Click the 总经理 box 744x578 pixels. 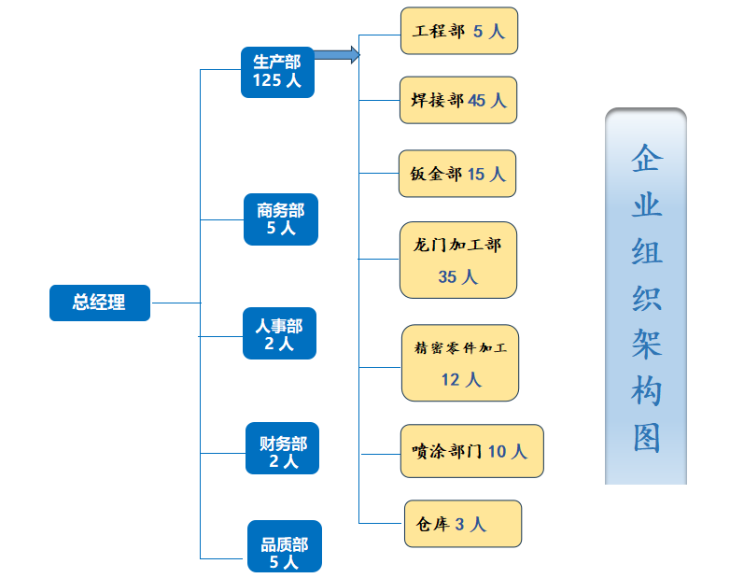coord(99,303)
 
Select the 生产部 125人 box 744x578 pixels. coord(276,72)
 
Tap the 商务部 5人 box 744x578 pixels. coord(280,219)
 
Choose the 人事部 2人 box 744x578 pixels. coord(279,334)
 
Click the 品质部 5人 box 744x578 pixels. coord(284,547)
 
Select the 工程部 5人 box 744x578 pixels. coord(458,31)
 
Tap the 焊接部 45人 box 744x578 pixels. coord(458,100)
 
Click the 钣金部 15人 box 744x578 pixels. coord(456,174)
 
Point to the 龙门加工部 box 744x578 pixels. coord(457,260)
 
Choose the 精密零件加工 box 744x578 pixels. coord(459,362)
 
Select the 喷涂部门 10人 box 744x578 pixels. coord(470,451)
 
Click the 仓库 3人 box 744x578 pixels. coord(462,524)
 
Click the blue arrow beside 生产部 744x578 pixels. coord(337,55)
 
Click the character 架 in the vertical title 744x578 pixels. coord(646,345)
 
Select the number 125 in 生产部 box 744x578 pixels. coord(266,81)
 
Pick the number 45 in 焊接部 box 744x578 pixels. coord(477,101)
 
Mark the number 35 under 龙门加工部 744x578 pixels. coord(447,277)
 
